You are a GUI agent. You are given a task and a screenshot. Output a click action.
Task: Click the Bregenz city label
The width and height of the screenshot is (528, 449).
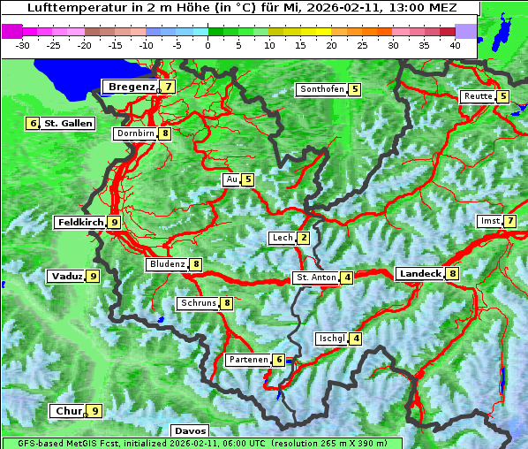[x=131, y=87]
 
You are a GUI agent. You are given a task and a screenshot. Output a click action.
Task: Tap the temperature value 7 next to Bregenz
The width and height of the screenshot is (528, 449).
[x=168, y=87]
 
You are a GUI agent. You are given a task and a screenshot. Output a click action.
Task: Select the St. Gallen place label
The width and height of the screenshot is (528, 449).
[x=68, y=123]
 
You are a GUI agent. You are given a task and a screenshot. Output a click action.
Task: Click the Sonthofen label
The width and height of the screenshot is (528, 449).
[x=321, y=89]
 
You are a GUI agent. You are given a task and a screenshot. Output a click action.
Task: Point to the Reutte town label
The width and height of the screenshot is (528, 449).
[x=478, y=96]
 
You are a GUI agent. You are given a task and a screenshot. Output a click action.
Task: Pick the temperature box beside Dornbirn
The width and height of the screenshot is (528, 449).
[x=165, y=133]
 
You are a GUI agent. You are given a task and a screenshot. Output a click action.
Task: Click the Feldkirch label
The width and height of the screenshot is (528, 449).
[x=80, y=222]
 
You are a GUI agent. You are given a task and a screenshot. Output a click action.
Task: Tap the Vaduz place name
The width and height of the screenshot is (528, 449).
[x=67, y=276]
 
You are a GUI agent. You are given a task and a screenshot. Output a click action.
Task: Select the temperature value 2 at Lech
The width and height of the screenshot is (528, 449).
[x=304, y=238]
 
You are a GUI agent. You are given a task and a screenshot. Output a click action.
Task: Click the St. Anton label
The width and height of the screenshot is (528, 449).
[x=316, y=278]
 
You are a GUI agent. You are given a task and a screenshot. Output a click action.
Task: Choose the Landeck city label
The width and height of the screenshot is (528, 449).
[x=419, y=274]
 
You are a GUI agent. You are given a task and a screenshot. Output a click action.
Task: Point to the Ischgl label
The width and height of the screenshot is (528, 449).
[x=331, y=339]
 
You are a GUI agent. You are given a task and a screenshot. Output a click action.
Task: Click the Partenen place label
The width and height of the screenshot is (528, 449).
[x=247, y=360]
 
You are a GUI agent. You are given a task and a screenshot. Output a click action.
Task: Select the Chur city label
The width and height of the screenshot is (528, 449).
[x=68, y=411]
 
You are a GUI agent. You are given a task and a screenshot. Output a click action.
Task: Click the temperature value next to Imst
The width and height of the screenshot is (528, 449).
[x=510, y=220]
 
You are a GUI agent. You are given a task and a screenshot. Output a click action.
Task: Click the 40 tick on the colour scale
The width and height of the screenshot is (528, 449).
[x=454, y=44]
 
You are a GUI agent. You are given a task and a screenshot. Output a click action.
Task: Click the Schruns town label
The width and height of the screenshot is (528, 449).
[x=197, y=303]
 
